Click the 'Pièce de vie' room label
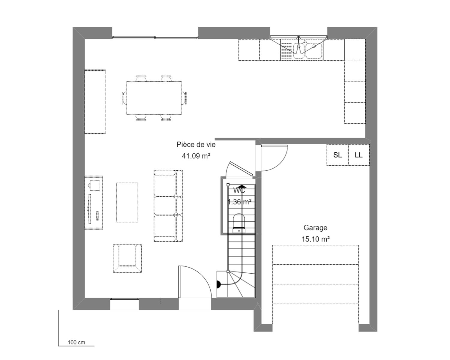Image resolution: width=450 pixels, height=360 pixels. point(196,145)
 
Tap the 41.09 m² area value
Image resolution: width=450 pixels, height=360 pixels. point(196,156)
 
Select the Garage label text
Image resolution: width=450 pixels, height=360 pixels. point(315,228)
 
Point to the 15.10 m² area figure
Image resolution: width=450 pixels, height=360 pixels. point(316,239)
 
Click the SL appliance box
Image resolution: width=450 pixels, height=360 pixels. point(337,155)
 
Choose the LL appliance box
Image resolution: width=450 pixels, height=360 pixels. point(359,155)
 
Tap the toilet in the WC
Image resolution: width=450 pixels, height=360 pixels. point(239,223)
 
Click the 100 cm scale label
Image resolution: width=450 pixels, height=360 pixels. point(76,342)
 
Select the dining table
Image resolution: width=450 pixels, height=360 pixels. point(154,98)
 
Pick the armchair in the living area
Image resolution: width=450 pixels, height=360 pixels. point(127,258)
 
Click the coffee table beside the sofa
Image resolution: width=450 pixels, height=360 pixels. point(127,202)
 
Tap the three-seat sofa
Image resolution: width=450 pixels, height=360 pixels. point(168,206)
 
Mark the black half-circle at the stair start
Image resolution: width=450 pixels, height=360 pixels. point(219,284)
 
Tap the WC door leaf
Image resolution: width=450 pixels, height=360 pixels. point(241,169)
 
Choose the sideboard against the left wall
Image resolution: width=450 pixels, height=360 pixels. point(95,102)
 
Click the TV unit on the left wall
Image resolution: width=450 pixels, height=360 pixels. point(94,203)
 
